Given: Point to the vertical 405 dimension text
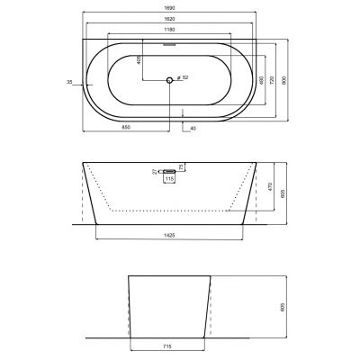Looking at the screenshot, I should pyautogui.click(x=163, y=62).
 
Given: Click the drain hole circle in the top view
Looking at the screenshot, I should pyautogui.click(x=168, y=81).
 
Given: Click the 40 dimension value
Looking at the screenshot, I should pyautogui.click(x=193, y=128).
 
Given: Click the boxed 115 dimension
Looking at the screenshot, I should pyautogui.click(x=168, y=179).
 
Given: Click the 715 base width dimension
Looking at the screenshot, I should pyautogui.click(x=168, y=344).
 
